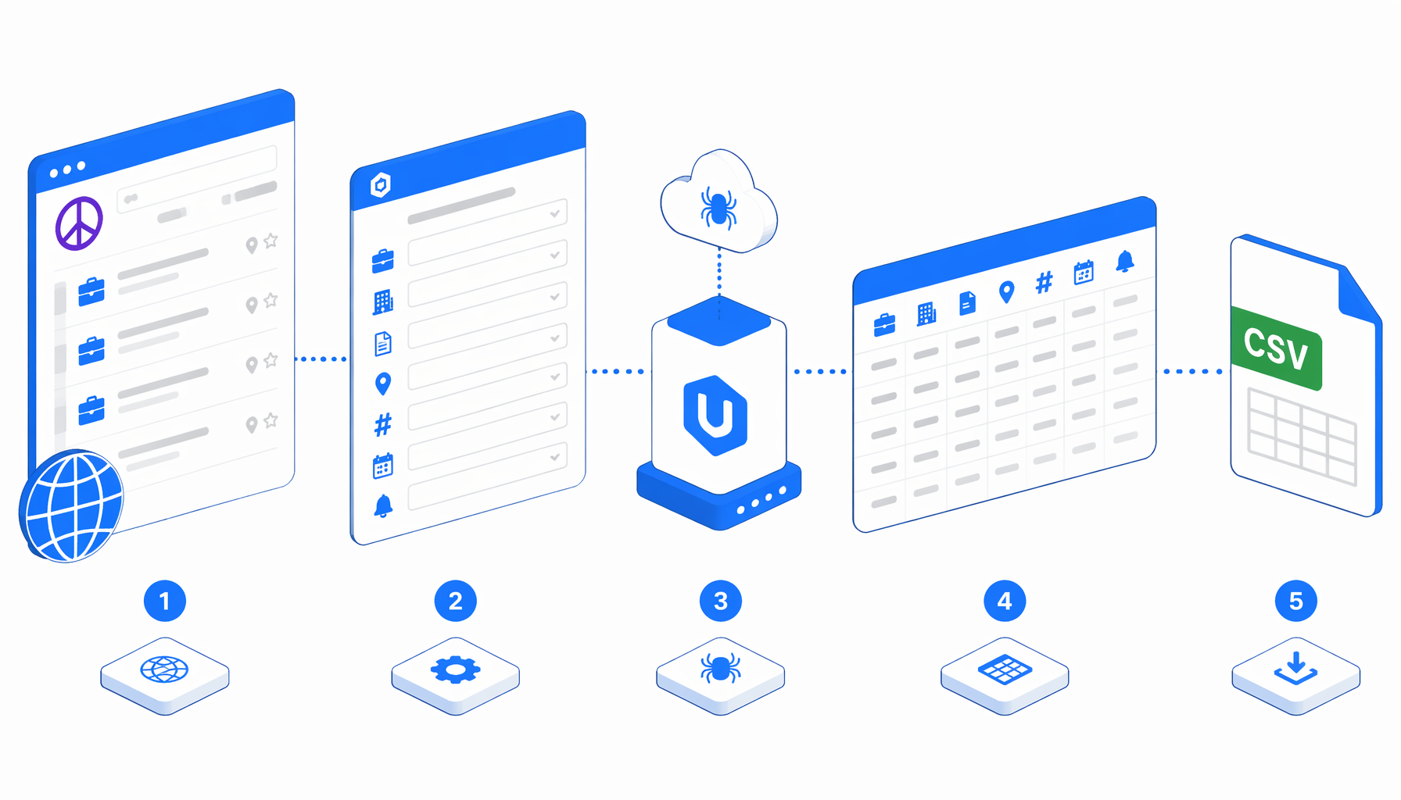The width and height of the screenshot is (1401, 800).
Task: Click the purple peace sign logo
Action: pyautogui.click(x=79, y=223)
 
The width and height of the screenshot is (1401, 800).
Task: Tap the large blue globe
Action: pyautogui.click(x=71, y=506)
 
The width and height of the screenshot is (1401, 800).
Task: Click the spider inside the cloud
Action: pyautogui.click(x=718, y=207)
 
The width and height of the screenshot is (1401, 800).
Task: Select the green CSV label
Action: pyautogui.click(x=1276, y=348)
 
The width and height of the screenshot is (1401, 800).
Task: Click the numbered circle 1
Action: pyautogui.click(x=165, y=601)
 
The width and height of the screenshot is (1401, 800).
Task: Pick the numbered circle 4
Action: pyautogui.click(x=1005, y=601)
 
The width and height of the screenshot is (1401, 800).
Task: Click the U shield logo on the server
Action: pyautogui.click(x=715, y=416)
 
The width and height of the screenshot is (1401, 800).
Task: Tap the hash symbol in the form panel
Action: pyautogui.click(x=383, y=425)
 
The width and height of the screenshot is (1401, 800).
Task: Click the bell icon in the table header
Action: pyautogui.click(x=1125, y=261)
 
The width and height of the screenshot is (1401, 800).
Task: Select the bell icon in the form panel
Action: pyautogui.click(x=383, y=506)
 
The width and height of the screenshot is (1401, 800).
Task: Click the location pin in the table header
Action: pyautogui.click(x=1007, y=292)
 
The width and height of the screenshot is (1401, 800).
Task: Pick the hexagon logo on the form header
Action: pyautogui.click(x=381, y=185)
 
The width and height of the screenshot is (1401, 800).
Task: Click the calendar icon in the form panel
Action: pyautogui.click(x=383, y=466)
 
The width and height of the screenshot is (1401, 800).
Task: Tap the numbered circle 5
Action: pyautogui.click(x=1296, y=601)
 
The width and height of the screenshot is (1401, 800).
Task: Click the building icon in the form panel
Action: pyautogui.click(x=383, y=302)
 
